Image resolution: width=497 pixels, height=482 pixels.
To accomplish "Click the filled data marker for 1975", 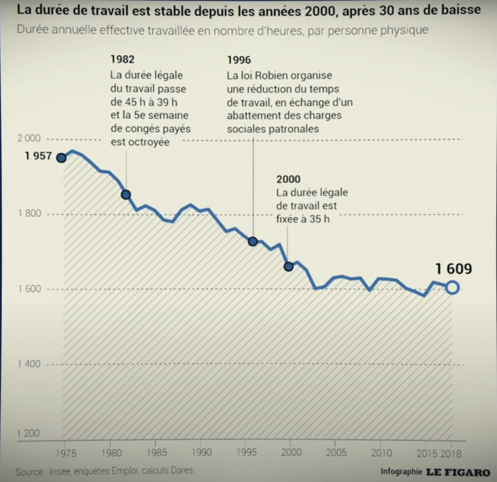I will pyautogui.click(x=61, y=158).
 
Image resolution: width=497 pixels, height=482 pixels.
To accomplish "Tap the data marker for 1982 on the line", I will pyautogui.click(x=126, y=194).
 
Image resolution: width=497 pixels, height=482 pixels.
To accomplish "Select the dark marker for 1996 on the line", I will pyautogui.click(x=252, y=241).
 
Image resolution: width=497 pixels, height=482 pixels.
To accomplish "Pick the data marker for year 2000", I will pyautogui.click(x=288, y=266).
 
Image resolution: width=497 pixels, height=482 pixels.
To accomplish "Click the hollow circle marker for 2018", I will pyautogui.click(x=452, y=288).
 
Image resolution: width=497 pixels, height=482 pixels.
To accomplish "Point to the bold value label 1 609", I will pyautogui.click(x=453, y=269).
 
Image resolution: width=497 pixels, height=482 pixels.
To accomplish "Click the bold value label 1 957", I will pyautogui.click(x=38, y=157).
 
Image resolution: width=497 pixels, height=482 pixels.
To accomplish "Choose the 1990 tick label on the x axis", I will pyautogui.click(x=201, y=453).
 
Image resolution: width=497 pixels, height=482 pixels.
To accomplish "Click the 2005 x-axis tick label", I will pyautogui.click(x=336, y=453).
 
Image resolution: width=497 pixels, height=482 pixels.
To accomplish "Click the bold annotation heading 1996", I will pyautogui.click(x=239, y=60).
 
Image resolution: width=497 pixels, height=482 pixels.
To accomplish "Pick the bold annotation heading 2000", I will pyautogui.click(x=288, y=180).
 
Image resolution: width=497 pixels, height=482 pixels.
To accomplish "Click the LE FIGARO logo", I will pyautogui.click(x=458, y=472).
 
